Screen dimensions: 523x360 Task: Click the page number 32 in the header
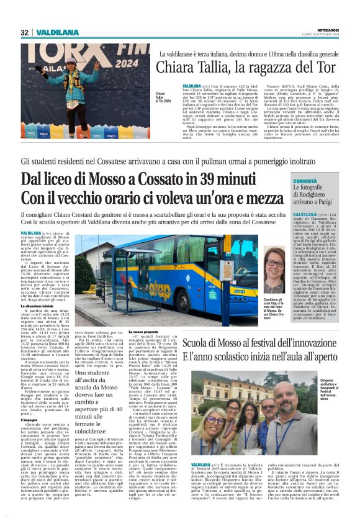[x=24, y=32]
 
